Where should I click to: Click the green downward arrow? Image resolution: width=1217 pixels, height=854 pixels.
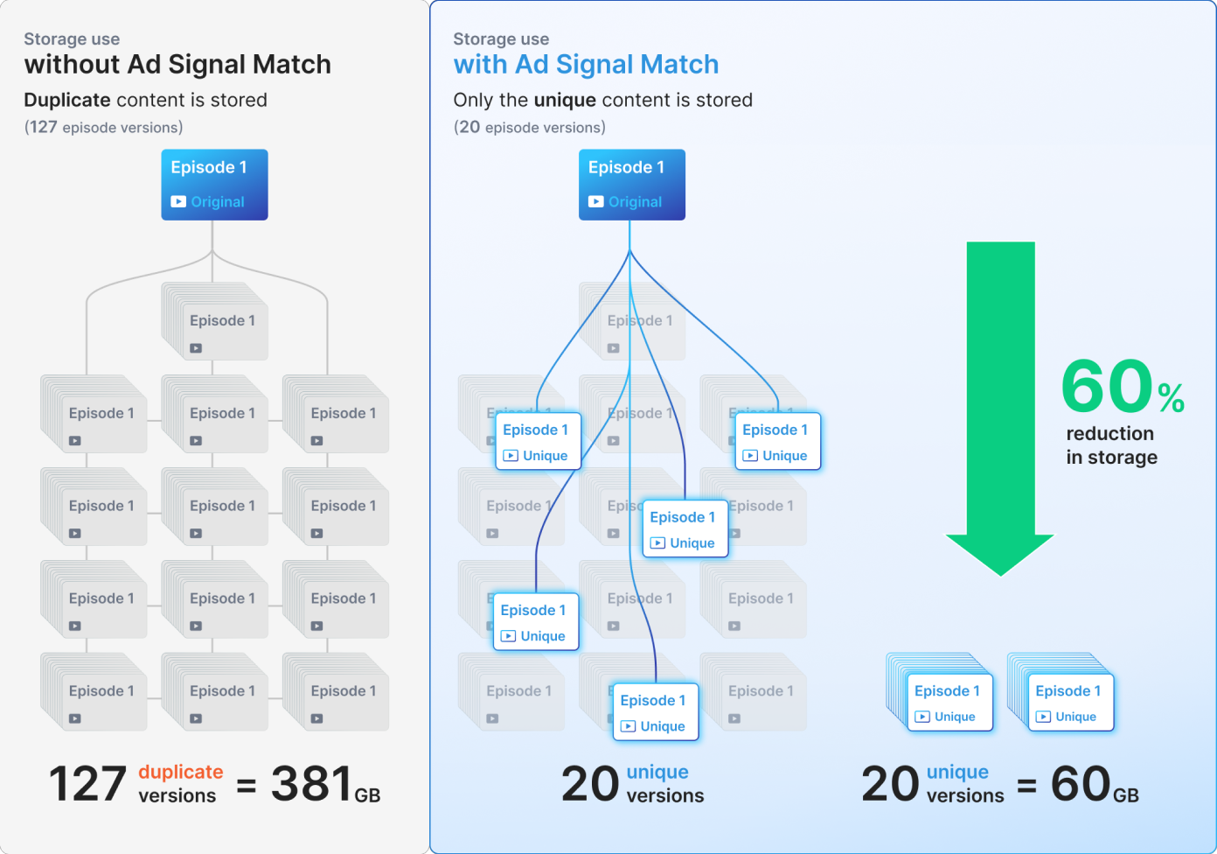(1000, 411)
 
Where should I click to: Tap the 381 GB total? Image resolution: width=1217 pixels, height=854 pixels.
(324, 784)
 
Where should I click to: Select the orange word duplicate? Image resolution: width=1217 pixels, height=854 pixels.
(180, 772)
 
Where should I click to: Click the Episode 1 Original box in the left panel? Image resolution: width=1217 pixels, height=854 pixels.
(214, 185)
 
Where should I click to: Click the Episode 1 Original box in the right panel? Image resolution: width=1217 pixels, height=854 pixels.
(631, 185)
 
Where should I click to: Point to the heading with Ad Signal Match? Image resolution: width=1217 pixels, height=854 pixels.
(586, 65)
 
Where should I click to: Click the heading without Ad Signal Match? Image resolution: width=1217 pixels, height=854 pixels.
(177, 65)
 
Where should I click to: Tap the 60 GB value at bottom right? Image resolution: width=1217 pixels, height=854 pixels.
(1094, 784)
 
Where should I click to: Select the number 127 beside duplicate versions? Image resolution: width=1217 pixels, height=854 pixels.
(87, 784)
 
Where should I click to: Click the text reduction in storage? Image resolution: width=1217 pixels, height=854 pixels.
(1111, 445)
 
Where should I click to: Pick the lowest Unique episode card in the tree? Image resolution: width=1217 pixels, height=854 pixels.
(656, 711)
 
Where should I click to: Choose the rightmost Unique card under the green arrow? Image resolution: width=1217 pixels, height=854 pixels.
(1070, 702)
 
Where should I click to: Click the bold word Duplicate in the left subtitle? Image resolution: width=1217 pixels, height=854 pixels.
(67, 101)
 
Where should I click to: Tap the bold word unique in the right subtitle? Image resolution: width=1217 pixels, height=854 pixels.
(565, 101)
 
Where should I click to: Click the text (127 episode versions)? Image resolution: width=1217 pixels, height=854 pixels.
(103, 128)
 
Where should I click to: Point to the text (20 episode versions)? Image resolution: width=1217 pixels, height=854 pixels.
(529, 128)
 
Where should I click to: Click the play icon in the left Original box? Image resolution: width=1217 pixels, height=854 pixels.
(178, 201)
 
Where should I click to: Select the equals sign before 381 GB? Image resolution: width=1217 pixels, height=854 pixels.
(247, 786)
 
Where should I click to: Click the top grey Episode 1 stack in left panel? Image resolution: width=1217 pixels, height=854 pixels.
(215, 322)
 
